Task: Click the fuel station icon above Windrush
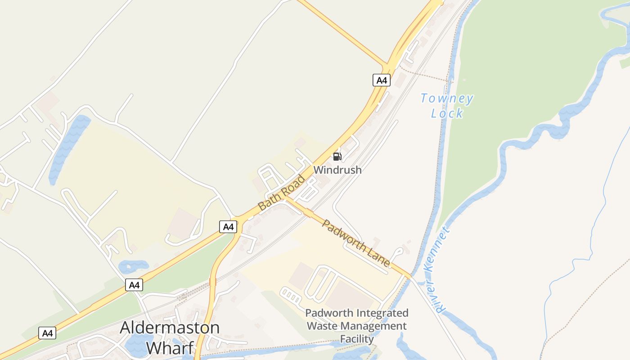tap(337, 157)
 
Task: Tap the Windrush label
tap(337, 170)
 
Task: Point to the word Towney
tap(446, 99)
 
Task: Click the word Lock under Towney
tap(446, 113)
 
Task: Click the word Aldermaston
tap(170, 328)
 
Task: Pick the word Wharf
tap(170, 347)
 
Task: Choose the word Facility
tap(357, 339)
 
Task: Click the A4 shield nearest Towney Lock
tap(382, 81)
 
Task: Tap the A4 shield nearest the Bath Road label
tap(228, 227)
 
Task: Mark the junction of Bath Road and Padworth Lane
tap(286, 198)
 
